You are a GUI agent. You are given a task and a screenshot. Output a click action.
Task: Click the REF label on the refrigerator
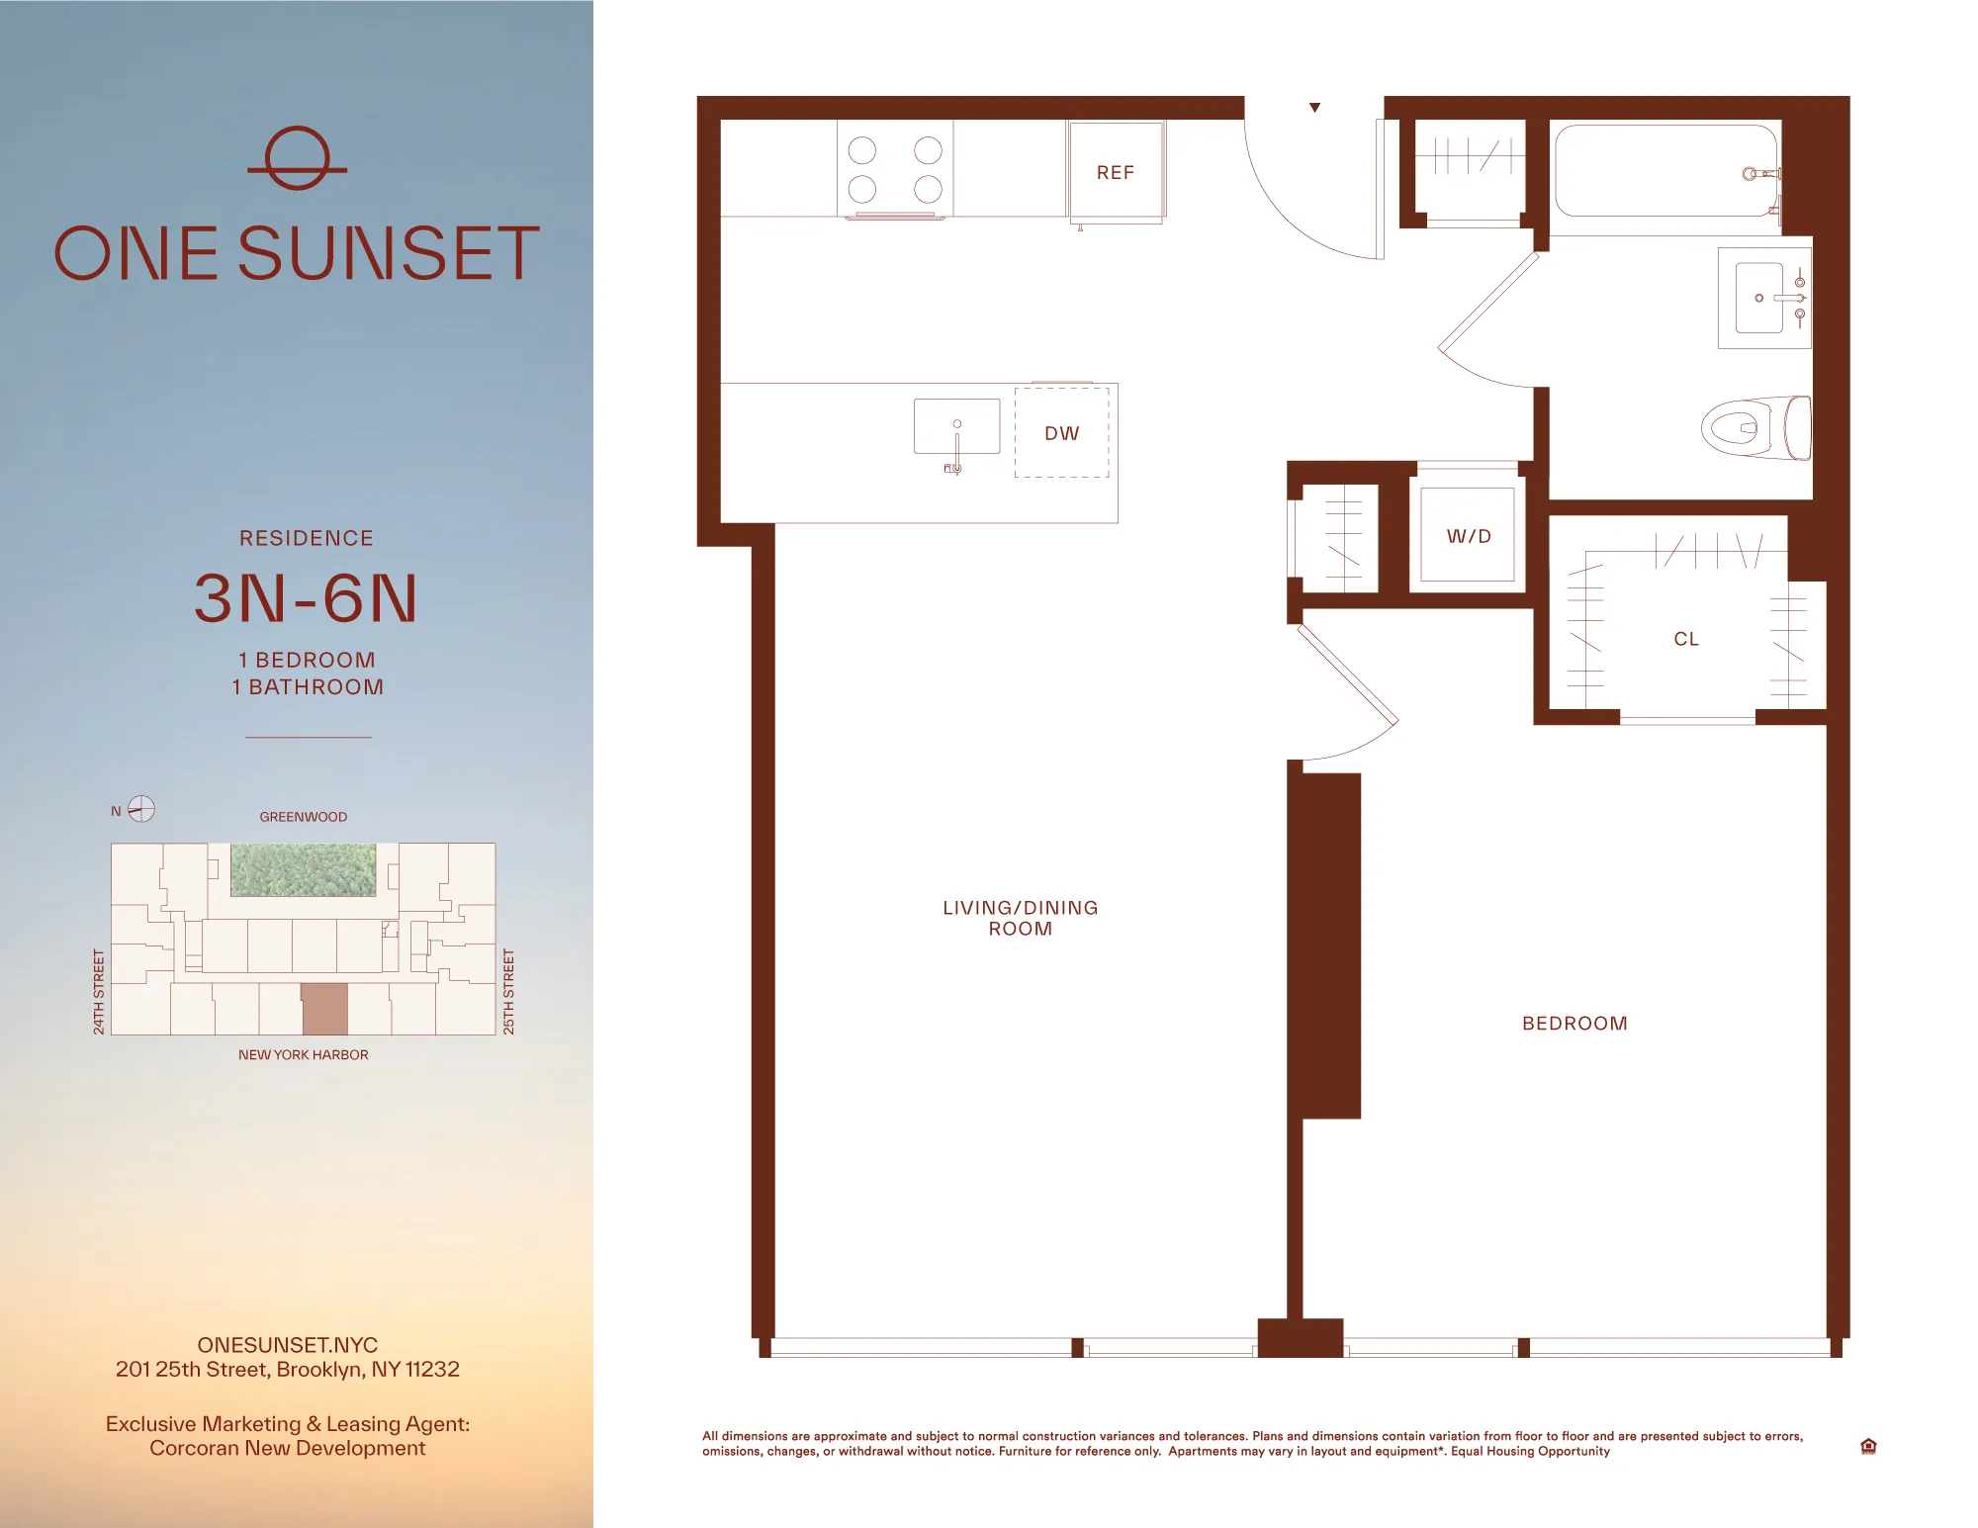[1115, 173]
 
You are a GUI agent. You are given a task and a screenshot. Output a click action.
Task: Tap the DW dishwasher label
[1061, 433]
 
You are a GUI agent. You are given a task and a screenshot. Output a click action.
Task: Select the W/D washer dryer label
[1468, 536]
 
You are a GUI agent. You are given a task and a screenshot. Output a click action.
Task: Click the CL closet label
[1686, 639]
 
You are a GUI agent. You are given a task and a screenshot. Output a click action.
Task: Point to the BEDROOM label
[1574, 1024]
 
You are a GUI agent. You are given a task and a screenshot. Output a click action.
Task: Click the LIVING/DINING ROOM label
[1020, 918]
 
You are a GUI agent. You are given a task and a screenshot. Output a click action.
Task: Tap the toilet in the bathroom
[1753, 428]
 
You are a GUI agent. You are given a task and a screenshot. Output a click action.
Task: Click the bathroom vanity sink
[1759, 298]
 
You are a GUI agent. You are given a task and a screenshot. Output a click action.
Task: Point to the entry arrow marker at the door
[1314, 108]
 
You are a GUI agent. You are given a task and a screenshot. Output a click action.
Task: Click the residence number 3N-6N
[306, 598]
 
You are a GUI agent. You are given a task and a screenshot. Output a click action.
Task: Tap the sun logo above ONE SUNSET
[297, 158]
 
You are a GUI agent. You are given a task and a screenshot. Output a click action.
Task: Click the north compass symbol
[141, 809]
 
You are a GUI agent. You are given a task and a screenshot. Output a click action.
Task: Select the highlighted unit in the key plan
[324, 1009]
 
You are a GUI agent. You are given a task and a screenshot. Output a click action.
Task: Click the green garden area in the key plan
[303, 869]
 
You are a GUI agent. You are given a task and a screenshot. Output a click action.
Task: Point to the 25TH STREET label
[509, 992]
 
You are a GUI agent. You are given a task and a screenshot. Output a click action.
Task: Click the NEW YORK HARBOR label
[303, 1055]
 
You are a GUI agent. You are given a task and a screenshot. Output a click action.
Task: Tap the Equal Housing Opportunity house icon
[1868, 1446]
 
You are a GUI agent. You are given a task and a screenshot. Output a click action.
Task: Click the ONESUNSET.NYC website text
[287, 1345]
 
